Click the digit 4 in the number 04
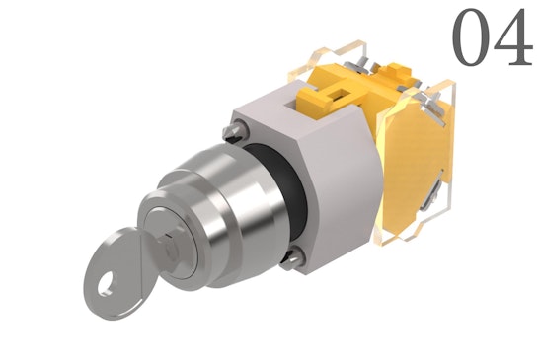pyautogui.click(x=512, y=37)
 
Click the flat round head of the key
pyautogui.click(x=117, y=273)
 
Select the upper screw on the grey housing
pyautogui.click(x=235, y=131)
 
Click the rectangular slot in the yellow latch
pyautogui.click(x=340, y=94)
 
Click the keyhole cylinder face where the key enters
pyautogui.click(x=172, y=241)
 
